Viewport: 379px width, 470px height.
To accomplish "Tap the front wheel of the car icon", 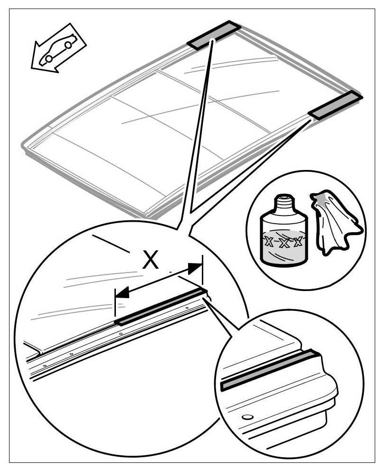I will coord(49,58).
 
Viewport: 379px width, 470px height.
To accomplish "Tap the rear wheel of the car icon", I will coord(68,45).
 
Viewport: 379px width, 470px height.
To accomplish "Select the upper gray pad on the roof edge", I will coord(214,35).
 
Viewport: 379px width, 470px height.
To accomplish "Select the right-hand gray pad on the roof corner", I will coord(335,105).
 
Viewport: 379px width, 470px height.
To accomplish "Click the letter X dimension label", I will coord(151,261).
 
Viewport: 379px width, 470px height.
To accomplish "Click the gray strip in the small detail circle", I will coord(268,369).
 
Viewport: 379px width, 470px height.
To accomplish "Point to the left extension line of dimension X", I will coord(115,304).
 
